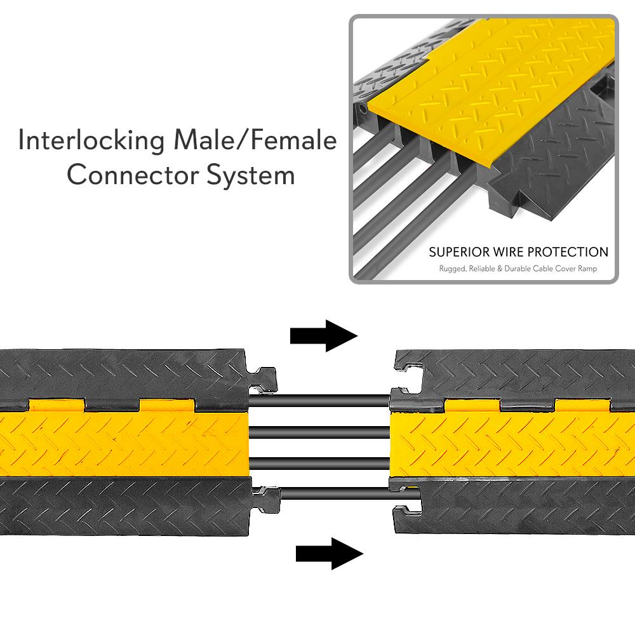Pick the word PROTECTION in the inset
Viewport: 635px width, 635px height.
coord(570,252)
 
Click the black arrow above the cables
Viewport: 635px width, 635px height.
coord(323,335)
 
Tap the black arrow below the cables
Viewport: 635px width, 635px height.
coord(329,554)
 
